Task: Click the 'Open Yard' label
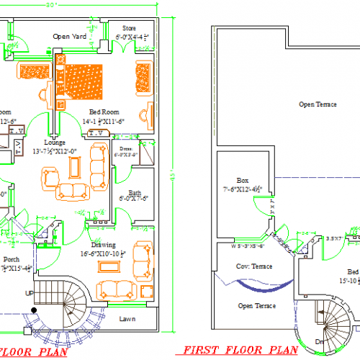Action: click(71, 35)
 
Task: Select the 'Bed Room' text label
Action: click(105, 112)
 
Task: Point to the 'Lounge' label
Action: click(55, 142)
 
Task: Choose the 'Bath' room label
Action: click(135, 192)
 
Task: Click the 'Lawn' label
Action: click(127, 318)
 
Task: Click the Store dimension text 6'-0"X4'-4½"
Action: click(132, 36)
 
